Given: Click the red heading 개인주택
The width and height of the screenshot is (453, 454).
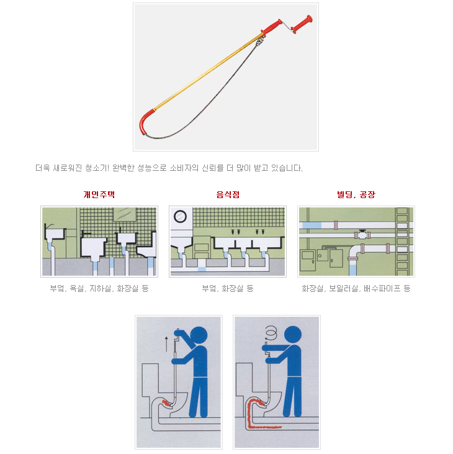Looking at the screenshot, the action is point(99,194).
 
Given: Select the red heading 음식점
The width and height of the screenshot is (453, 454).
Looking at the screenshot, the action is point(228,194).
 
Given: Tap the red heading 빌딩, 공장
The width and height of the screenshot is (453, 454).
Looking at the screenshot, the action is point(356,194).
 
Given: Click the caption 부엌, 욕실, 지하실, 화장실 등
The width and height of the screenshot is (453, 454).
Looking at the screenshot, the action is point(99,288).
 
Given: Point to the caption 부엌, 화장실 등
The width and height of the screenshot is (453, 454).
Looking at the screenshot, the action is point(228,288).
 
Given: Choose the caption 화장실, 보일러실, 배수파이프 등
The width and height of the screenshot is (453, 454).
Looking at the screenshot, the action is point(356,288).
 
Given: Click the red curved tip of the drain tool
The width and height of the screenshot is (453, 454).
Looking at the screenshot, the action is point(144,122).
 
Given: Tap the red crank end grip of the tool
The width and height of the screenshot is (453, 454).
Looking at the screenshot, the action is point(302,24).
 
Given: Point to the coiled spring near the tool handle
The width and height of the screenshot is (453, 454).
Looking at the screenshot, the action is point(260,40).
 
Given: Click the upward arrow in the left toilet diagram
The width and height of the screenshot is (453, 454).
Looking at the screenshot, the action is point(166,343).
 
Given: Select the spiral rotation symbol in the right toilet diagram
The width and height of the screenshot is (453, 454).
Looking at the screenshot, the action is point(271,332).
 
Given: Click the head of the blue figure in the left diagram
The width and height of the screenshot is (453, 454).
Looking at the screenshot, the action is point(199,335).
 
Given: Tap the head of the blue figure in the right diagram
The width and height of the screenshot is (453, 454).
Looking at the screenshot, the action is point(293,335).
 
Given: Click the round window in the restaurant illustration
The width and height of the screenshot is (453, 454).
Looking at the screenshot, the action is point(180,216).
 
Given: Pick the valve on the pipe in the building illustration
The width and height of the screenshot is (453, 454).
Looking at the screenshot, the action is point(362,234).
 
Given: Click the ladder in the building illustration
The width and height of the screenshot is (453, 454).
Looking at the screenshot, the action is point(401,241).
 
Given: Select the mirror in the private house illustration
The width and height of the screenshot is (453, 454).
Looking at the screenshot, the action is point(125,214).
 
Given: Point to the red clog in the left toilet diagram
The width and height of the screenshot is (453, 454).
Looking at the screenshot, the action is point(167,403).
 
